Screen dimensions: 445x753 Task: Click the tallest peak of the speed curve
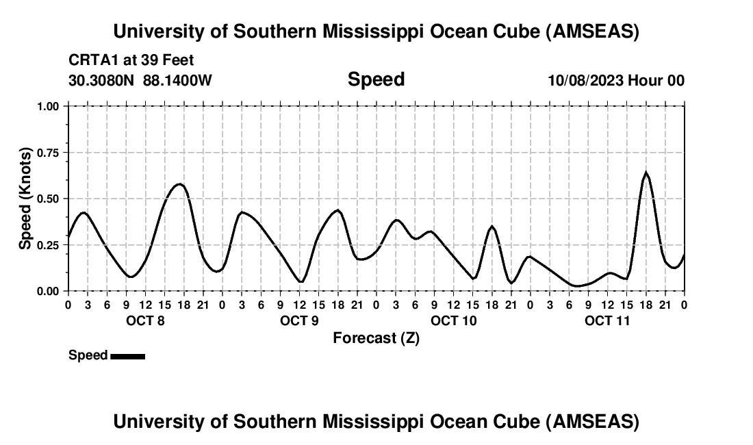click(x=645, y=173)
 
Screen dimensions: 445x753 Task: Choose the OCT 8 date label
click(x=145, y=320)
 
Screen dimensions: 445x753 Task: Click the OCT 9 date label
click(x=299, y=320)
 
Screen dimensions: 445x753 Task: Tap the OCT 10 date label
click(x=453, y=320)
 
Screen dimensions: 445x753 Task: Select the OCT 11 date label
click(x=607, y=320)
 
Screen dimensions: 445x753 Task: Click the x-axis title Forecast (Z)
click(x=376, y=338)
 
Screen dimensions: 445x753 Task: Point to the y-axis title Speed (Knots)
click(x=25, y=198)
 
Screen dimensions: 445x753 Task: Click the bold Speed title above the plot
click(x=376, y=79)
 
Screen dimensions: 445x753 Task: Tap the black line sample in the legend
click(x=127, y=356)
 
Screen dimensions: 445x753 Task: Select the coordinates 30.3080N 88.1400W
click(x=140, y=81)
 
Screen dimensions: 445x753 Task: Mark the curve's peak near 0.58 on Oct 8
click(x=179, y=183)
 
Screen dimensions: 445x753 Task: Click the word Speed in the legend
click(x=88, y=355)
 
